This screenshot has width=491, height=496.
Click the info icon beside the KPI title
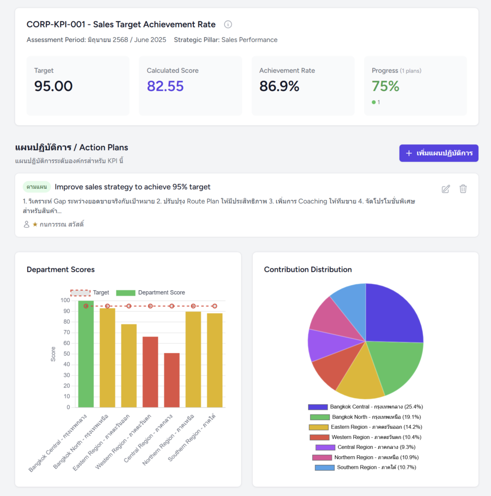pos(228,24)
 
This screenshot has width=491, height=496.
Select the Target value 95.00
pos(53,86)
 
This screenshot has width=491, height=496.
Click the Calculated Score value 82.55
pos(165,86)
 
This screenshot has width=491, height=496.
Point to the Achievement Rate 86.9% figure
pos(279,86)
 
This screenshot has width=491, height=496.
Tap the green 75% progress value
pos(385,86)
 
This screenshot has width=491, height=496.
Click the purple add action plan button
pos(439,153)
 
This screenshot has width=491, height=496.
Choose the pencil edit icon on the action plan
pos(446,189)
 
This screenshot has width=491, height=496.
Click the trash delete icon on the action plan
pos(463,189)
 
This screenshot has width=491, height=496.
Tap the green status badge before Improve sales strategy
pos(36,187)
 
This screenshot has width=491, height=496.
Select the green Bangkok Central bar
pos(86,354)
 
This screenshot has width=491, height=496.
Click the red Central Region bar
pos(171,380)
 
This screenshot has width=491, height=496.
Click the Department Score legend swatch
pos(126,293)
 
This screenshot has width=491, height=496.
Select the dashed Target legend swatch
pos(80,293)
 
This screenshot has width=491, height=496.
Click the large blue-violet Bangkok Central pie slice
pos(392,315)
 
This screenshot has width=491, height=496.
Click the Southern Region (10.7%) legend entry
pos(365,467)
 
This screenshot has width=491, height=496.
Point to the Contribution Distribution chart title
pos(308,269)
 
